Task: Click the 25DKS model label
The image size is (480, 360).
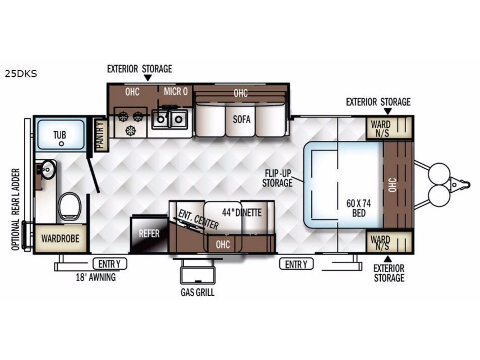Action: click(21, 74)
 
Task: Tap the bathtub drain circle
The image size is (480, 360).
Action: click(62, 144)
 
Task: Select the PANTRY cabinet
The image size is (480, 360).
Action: click(101, 135)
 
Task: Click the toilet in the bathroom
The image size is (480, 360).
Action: click(70, 206)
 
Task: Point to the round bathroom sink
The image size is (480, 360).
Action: click(48, 169)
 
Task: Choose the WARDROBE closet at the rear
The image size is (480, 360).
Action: click(61, 238)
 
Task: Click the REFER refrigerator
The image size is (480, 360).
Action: click(149, 234)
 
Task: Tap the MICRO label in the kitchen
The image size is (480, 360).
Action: click(176, 91)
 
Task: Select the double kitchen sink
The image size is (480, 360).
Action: click(169, 119)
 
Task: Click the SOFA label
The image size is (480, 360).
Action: click(242, 119)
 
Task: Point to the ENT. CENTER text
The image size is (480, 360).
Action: click(199, 219)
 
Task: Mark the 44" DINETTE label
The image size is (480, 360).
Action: click(242, 213)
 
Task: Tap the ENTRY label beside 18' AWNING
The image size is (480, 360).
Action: click(109, 264)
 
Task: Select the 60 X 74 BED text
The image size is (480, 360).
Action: click(358, 208)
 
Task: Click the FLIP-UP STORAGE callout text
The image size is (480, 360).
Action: click(278, 178)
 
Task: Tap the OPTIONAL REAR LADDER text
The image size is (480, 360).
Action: click(16, 209)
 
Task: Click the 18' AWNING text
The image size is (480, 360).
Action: click(96, 278)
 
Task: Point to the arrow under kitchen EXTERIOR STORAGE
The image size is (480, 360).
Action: click(148, 78)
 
